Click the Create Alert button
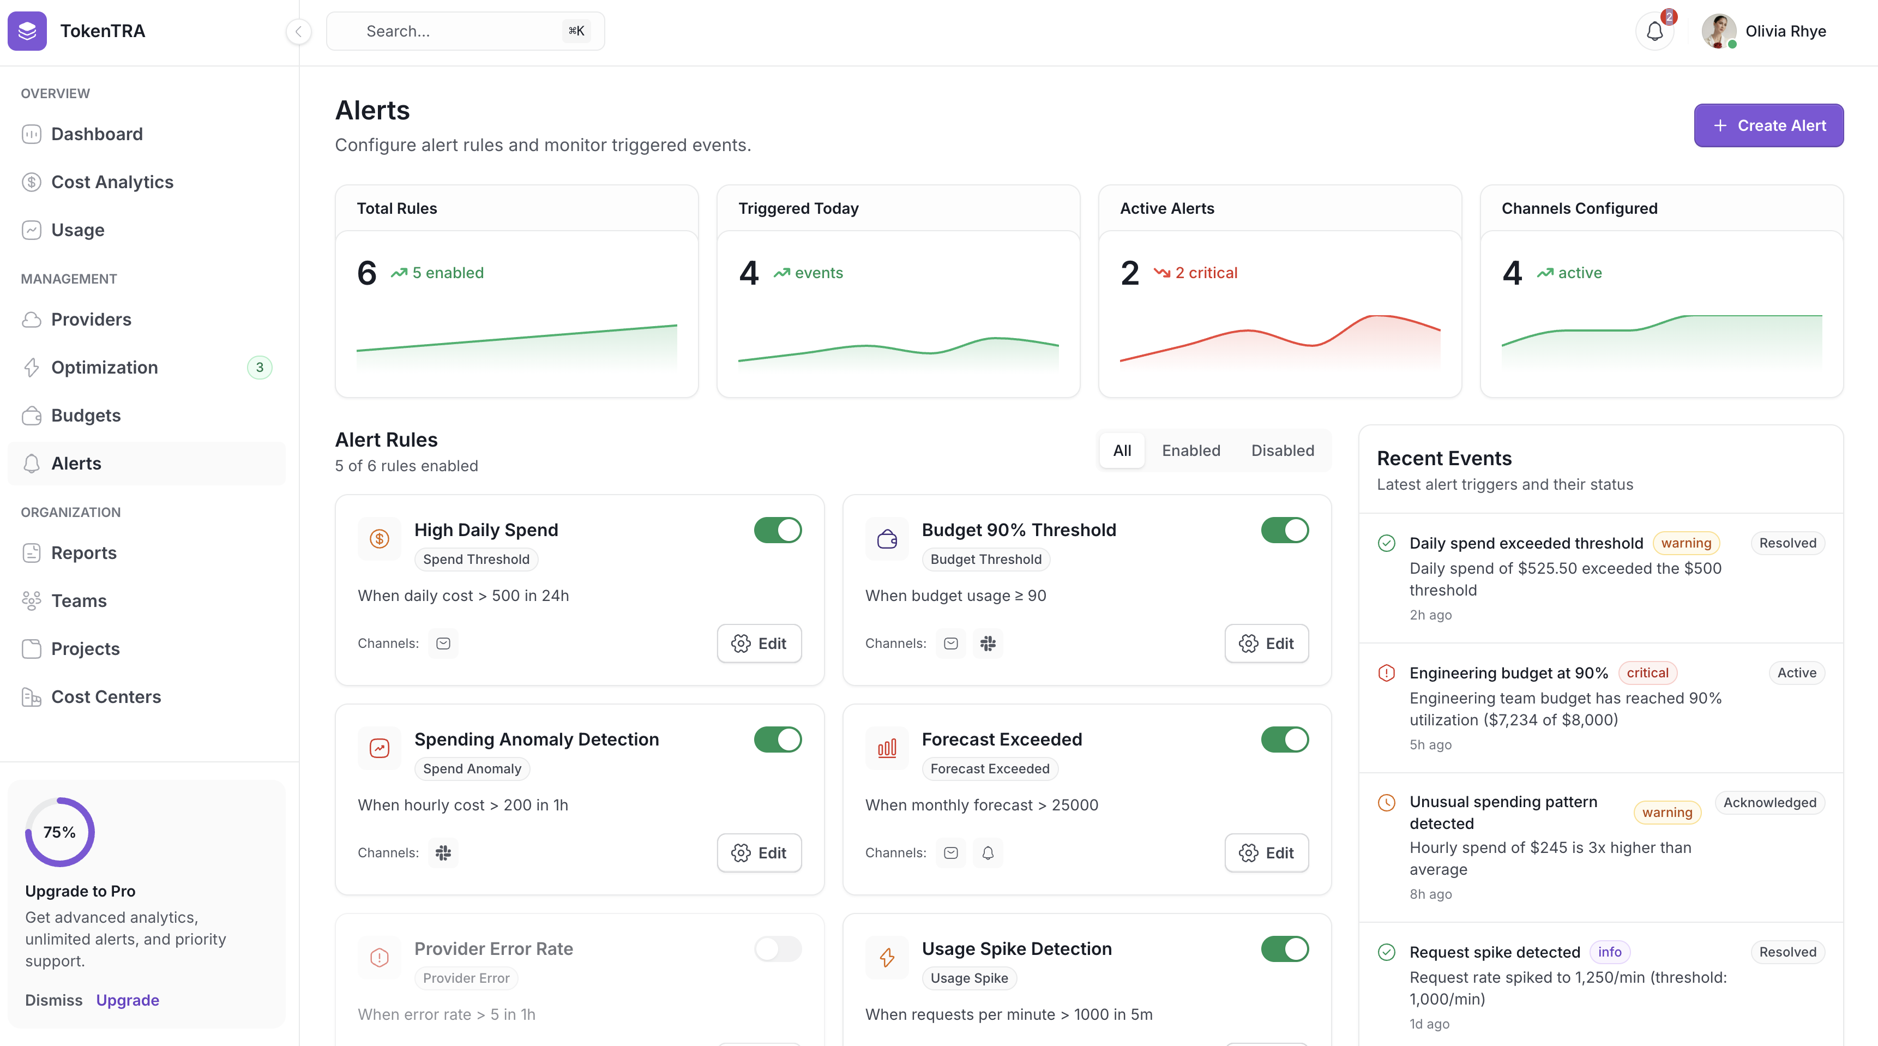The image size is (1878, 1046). point(1768,125)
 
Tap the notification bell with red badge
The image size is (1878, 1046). point(1654,31)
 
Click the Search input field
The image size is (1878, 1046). point(465,31)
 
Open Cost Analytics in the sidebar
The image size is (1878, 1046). point(112,182)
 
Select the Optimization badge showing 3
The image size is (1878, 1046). point(260,368)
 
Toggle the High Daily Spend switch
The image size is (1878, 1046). point(777,530)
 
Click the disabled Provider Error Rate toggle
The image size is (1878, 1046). point(777,948)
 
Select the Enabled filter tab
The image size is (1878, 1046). point(1190,450)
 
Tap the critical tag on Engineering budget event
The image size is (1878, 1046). point(1647,673)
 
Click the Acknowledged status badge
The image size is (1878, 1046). point(1769,803)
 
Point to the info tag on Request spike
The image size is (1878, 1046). point(1609,952)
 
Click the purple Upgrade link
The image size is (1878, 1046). point(128,1000)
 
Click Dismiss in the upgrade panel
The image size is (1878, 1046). point(53,1000)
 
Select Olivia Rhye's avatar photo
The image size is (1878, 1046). point(1718,31)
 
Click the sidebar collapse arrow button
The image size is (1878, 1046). point(298,31)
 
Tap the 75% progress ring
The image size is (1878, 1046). point(60,832)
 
